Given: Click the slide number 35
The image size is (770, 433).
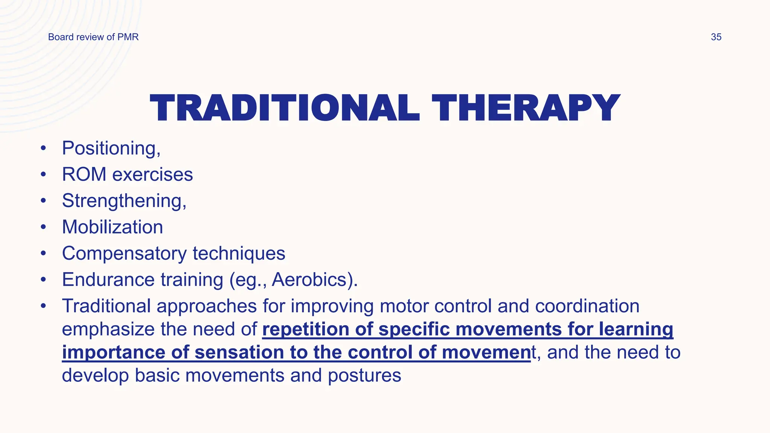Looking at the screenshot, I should point(716,37).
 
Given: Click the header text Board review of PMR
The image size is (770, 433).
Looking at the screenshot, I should point(93,37).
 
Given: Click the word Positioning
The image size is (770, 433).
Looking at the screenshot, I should point(109,148).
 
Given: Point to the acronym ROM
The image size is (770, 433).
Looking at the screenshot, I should point(84,174).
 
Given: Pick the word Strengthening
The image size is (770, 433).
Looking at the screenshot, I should point(122,201).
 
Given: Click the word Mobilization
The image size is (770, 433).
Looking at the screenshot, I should point(112,227).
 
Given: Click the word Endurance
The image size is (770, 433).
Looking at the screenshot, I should point(108,280).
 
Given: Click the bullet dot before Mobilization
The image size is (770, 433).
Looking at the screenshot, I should point(44,227).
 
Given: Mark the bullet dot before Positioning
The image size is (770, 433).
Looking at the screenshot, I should point(44,148).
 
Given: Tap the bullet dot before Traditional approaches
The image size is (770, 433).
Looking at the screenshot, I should point(44,306).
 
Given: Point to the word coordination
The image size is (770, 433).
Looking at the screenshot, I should point(587,306).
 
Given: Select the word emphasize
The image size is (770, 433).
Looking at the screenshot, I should point(108,330).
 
